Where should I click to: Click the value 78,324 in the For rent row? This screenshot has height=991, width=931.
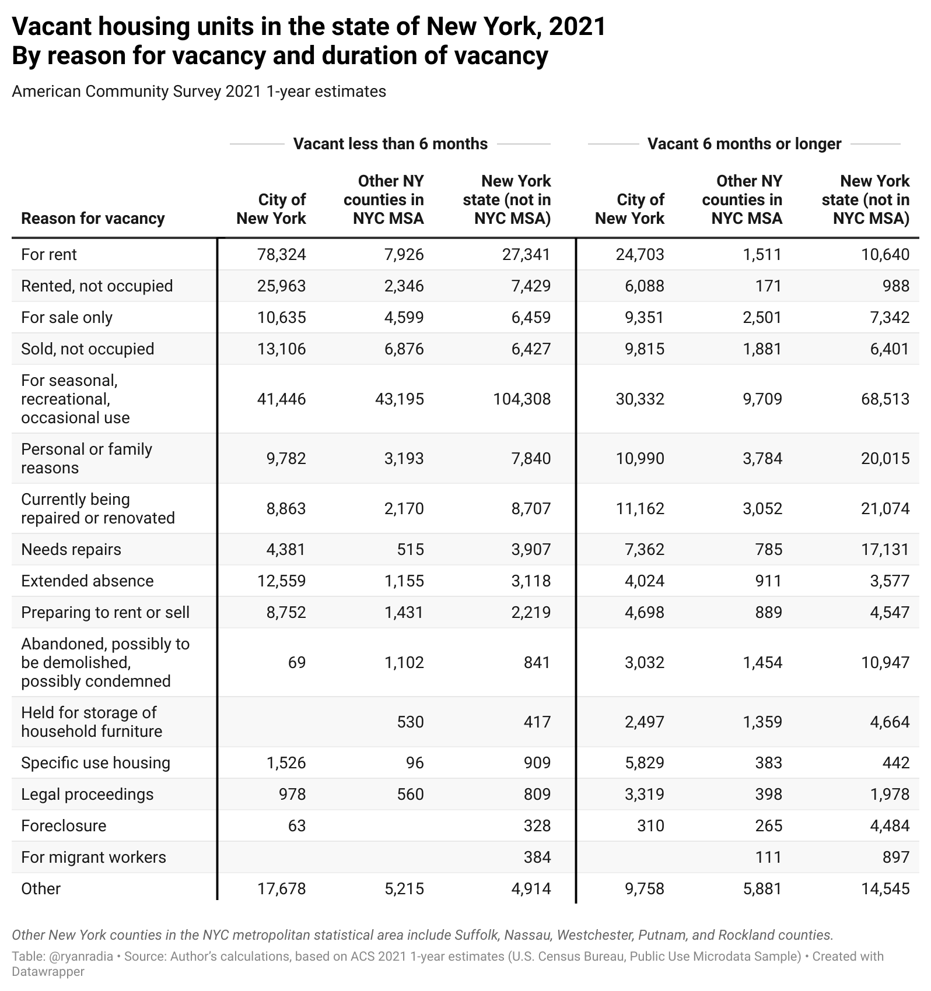(281, 254)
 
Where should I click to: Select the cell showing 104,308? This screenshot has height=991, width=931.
(521, 399)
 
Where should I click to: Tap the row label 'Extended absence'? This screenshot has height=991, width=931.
(87, 581)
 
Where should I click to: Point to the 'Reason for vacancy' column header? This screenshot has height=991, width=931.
(93, 218)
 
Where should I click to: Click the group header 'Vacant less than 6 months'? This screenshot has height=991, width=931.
(390, 143)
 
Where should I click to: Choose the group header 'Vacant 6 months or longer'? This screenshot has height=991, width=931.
(744, 143)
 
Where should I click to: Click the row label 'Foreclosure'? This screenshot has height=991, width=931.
(64, 825)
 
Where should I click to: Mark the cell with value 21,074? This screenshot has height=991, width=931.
(885, 508)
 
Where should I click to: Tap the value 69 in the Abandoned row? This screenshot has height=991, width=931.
(296, 662)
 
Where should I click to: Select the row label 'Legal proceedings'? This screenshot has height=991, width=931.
(87, 794)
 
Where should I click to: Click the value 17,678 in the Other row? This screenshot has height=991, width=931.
(281, 888)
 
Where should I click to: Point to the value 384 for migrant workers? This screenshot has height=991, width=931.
(537, 857)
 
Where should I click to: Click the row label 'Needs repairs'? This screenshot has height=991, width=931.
(71, 549)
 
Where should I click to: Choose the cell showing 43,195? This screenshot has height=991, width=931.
(400, 399)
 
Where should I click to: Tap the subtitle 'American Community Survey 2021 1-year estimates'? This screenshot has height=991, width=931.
(199, 92)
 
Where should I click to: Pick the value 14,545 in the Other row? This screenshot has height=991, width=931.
(885, 888)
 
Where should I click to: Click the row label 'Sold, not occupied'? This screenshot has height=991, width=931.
(87, 349)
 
